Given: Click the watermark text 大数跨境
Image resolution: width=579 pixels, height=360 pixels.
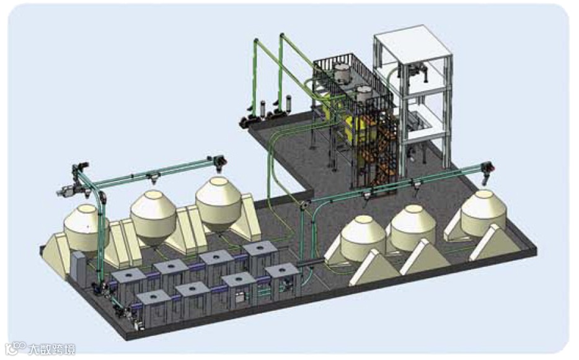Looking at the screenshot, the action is [51, 349].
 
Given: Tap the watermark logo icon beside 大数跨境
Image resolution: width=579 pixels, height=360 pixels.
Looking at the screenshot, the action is [15, 348].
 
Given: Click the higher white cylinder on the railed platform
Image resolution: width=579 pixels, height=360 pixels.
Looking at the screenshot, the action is [343, 72].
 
